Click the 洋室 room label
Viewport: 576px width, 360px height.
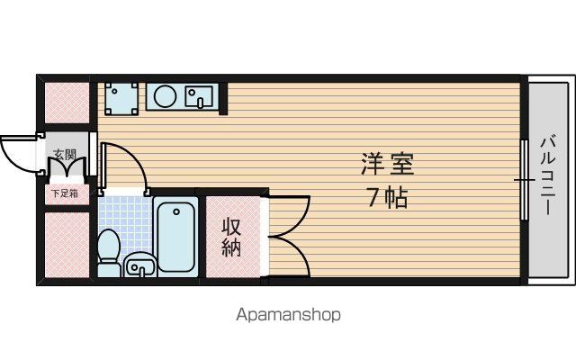(388, 164)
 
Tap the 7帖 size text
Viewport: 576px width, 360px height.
(388, 198)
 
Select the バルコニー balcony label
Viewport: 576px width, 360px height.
(547, 175)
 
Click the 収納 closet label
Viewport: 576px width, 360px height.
(231, 237)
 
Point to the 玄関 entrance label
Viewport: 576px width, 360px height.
(65, 154)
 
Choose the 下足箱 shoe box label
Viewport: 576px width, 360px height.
(65, 193)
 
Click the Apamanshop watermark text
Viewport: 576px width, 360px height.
(288, 315)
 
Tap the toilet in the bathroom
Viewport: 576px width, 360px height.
(109, 253)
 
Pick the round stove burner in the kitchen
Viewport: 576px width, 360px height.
(165, 96)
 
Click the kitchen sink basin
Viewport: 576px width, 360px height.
(199, 97)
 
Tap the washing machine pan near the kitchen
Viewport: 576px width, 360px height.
(121, 98)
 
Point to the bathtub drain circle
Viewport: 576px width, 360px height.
(176, 211)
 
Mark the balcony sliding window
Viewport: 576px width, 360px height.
(525, 180)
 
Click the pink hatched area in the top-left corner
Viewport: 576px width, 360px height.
(67, 103)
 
